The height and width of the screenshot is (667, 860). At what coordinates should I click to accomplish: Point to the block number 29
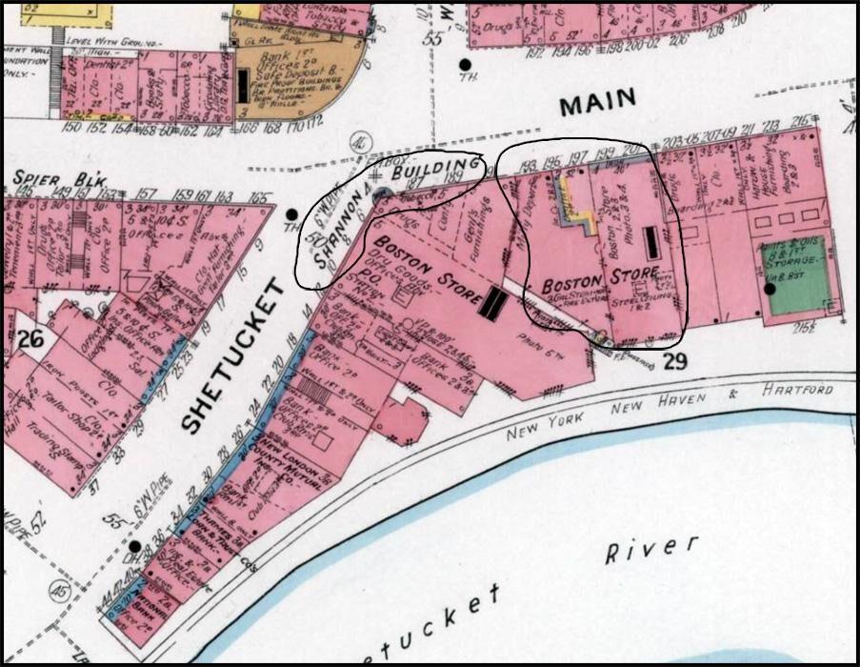[674, 361]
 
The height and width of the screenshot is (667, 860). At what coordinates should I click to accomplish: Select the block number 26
[30, 337]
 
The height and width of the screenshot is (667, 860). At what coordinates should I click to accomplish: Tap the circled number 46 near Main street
[359, 140]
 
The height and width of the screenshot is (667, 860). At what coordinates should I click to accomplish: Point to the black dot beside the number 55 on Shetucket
[135, 547]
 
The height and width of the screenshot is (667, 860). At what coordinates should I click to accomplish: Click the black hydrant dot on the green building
[770, 288]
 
